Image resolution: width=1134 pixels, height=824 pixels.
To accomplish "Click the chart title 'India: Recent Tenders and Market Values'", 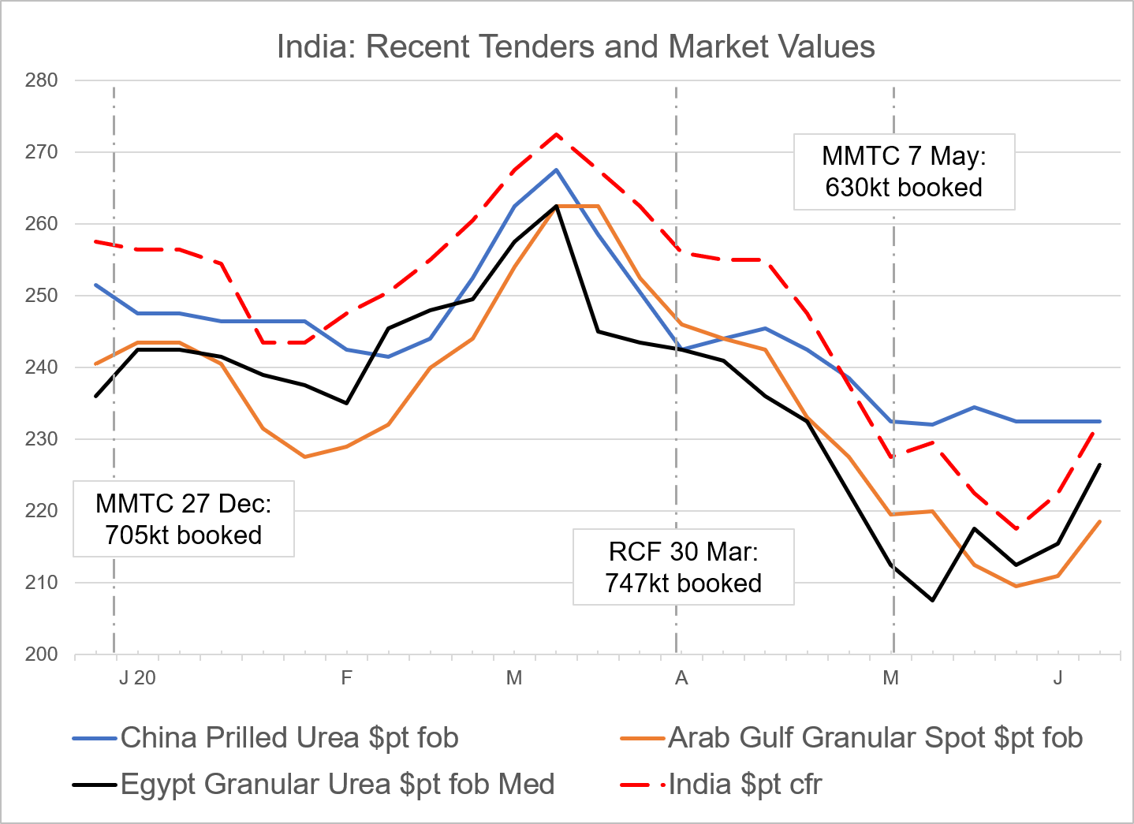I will (576, 47).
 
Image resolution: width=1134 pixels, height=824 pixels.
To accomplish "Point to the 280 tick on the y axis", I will (41, 80).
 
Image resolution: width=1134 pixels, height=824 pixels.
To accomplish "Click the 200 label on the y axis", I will (41, 654).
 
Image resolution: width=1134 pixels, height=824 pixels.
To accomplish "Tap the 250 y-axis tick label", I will (41, 296).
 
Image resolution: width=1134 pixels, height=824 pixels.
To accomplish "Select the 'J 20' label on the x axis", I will (137, 678).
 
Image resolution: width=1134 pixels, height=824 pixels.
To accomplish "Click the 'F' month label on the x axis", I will (346, 678).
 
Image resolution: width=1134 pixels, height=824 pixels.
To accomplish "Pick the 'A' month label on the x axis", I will (681, 678).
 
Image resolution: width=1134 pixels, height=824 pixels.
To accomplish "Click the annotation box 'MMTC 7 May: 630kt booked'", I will (904, 172).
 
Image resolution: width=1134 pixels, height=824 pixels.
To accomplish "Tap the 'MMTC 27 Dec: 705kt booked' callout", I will (183, 519).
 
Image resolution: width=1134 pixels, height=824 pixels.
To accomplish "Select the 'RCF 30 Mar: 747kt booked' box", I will (683, 567).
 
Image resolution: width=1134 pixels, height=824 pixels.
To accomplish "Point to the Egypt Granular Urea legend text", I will (338, 785).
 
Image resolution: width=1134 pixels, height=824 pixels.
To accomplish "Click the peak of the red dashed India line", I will (556, 134).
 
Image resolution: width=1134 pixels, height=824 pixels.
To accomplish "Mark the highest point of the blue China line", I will (556, 170).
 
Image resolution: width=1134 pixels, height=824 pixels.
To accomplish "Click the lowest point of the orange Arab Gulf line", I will (1016, 586).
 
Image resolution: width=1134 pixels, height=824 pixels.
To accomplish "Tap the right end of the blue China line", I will (1100, 422).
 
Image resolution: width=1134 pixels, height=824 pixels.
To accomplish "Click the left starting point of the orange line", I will (95, 364).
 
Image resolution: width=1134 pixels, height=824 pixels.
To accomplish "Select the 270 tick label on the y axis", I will (41, 152).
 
